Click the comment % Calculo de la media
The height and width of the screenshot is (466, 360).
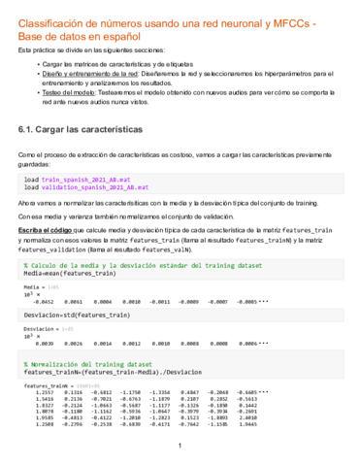click(68, 264)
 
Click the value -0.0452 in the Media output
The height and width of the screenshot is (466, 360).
click(45, 301)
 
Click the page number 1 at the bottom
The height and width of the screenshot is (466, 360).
click(180, 447)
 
